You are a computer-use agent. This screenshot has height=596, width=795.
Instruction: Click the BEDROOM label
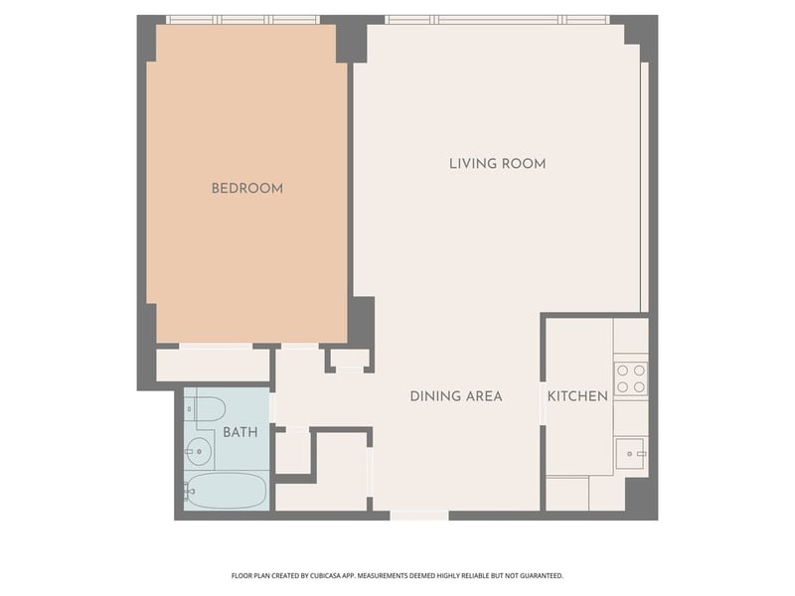click(x=246, y=189)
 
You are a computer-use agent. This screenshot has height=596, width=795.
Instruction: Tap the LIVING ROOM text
click(x=498, y=164)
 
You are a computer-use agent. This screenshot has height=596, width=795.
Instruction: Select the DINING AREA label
click(x=456, y=396)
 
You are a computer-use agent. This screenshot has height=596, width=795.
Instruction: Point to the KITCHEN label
click(x=577, y=396)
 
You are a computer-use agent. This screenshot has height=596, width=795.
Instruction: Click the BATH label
click(x=240, y=432)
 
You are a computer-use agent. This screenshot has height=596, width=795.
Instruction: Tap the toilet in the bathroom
click(x=205, y=408)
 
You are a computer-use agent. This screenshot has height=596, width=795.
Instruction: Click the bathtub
click(x=227, y=491)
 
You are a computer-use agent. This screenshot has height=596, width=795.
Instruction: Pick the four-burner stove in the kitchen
click(x=631, y=378)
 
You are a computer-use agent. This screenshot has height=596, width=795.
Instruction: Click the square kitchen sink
click(x=630, y=454)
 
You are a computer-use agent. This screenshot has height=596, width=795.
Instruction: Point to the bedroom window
click(x=242, y=20)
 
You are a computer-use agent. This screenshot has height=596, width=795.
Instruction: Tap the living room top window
click(x=497, y=20)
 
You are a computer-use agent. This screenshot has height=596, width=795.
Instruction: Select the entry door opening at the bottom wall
click(x=418, y=516)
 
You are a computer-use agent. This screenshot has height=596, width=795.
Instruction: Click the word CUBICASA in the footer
click(x=328, y=576)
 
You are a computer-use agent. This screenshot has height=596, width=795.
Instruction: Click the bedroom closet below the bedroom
click(x=213, y=365)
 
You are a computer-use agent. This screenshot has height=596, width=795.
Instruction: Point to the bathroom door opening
click(x=272, y=408)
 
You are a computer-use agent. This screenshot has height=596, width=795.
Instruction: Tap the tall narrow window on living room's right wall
click(x=644, y=187)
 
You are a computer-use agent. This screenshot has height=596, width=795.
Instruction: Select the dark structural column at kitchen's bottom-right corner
click(x=641, y=495)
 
